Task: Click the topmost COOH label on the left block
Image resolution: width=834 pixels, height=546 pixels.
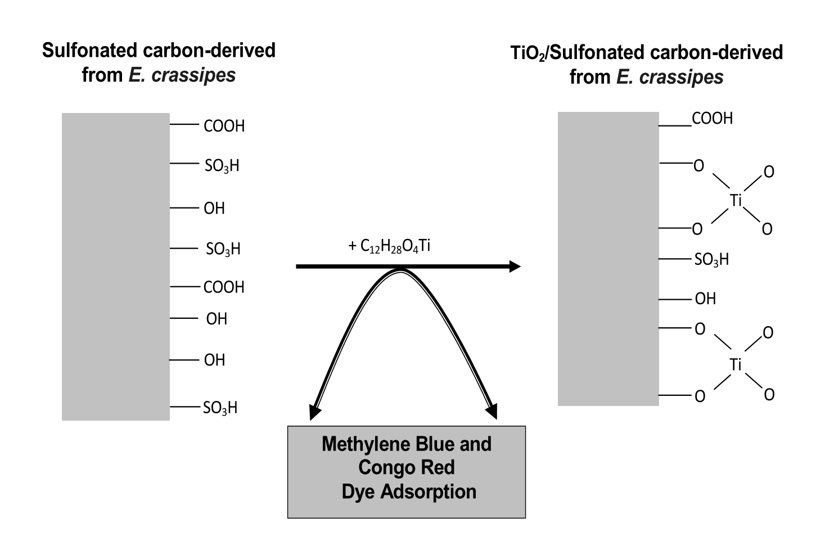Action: click(224, 126)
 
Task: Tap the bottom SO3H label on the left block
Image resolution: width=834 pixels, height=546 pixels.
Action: click(220, 408)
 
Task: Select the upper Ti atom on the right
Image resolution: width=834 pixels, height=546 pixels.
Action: click(736, 200)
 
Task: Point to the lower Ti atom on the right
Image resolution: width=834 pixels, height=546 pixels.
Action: click(736, 365)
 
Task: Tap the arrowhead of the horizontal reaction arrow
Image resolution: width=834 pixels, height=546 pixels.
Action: click(514, 266)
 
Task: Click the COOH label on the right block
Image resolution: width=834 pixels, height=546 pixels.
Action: click(712, 119)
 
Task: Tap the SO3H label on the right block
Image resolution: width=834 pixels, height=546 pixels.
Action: click(711, 260)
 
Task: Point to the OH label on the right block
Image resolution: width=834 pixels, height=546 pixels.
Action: click(705, 299)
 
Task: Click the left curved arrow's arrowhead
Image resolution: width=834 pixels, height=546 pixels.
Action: click(315, 412)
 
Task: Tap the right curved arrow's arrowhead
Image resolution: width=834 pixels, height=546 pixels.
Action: click(492, 412)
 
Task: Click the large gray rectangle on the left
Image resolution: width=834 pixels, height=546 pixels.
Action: click(115, 267)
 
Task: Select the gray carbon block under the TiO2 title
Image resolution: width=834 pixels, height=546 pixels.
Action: click(608, 259)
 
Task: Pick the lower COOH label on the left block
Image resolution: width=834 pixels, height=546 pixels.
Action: click(224, 287)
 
